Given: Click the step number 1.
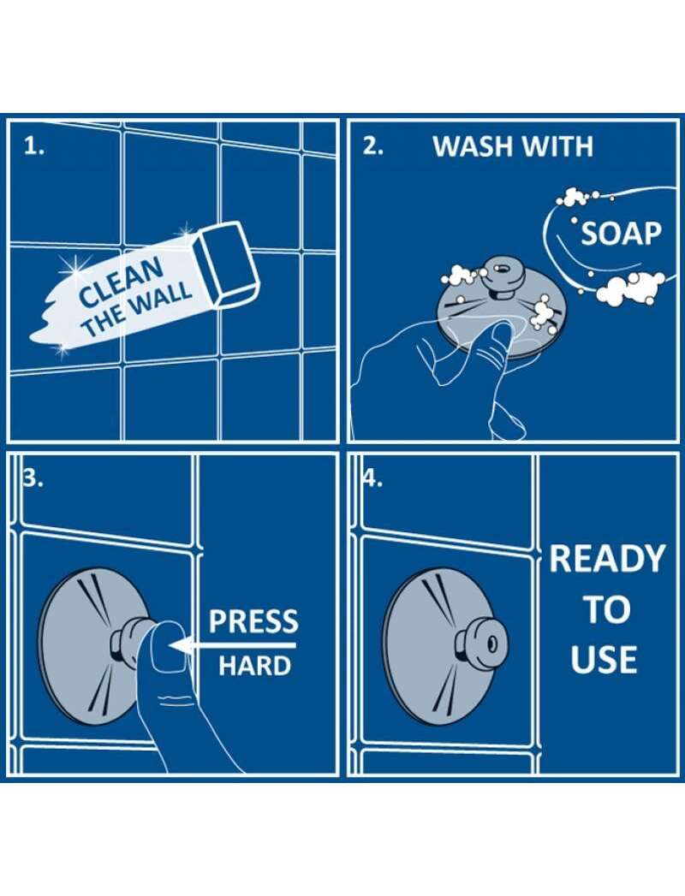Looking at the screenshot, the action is pyautogui.click(x=33, y=147).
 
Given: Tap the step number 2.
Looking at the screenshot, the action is pyautogui.click(x=373, y=147).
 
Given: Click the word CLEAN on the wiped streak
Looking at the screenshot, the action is pyautogui.click(x=122, y=282).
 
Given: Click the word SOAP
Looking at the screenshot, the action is pyautogui.click(x=621, y=234).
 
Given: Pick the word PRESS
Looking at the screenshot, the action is pyautogui.click(x=253, y=621).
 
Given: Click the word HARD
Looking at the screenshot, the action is pyautogui.click(x=254, y=665).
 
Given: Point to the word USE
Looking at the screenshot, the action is pyautogui.click(x=604, y=659).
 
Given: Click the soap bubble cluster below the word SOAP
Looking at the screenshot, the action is pyautogui.click(x=629, y=288).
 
